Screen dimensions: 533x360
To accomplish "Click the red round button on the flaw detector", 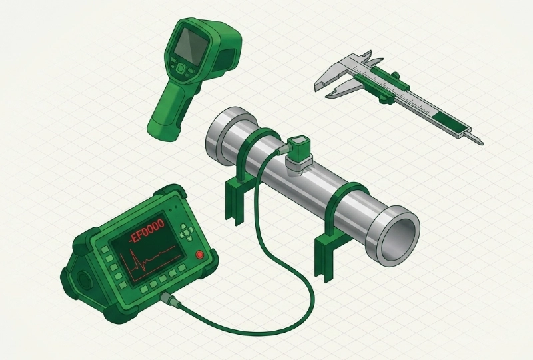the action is [x=199, y=254].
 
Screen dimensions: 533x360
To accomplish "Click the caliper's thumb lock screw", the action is [x=395, y=75].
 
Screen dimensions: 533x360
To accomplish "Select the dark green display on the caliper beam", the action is [x=448, y=121].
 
